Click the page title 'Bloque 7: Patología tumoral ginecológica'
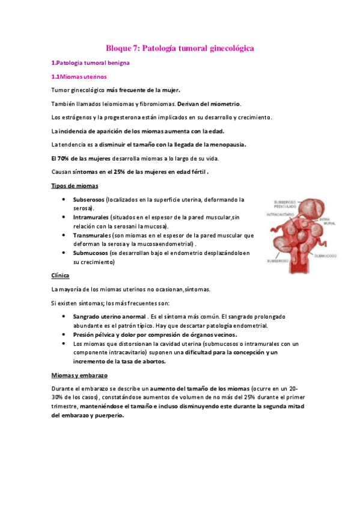click(x=180, y=47)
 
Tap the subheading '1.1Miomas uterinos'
click(x=79, y=76)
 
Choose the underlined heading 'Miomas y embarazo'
click(x=79, y=375)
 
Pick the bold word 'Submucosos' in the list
click(x=90, y=253)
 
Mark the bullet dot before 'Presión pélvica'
click(x=64, y=334)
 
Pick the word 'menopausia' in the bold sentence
click(x=225, y=144)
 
